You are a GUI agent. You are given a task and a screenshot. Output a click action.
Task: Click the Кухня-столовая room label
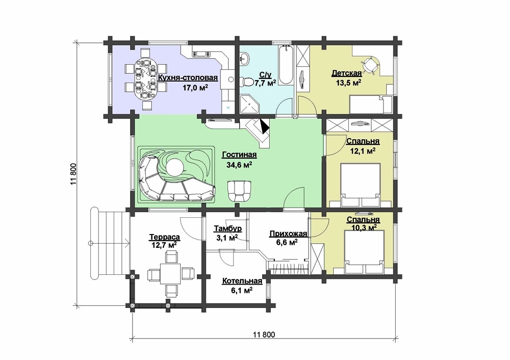coord(188,78)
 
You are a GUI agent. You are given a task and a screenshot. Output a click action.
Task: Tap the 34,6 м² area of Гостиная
coord(239,165)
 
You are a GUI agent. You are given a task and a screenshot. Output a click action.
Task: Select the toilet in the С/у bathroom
coord(248,82)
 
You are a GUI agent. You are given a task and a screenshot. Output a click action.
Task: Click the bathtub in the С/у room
coord(286,65)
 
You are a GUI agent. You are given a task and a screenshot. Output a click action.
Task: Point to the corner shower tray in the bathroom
coord(250,104)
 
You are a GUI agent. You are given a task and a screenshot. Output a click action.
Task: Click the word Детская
coord(346,73)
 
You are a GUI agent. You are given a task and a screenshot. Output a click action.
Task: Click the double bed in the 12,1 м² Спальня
coord(360,185)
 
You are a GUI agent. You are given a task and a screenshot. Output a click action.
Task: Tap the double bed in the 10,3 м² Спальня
coord(364,252)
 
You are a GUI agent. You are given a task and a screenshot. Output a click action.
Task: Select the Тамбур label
coord(227,229)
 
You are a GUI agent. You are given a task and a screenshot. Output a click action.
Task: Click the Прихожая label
coord(288,234)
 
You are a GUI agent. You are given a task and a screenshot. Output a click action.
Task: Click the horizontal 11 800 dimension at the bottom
coord(264,335)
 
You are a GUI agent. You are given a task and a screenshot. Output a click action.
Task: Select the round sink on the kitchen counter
coord(231,79)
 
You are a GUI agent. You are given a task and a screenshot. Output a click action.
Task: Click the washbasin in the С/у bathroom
coord(245,59)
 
